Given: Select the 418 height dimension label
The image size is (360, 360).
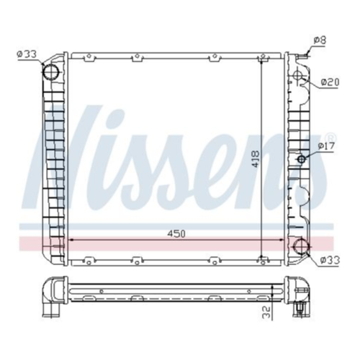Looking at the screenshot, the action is point(256,159).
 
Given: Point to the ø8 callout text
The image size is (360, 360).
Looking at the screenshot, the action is point(320,40).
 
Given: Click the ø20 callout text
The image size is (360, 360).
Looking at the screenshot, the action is point(330,82).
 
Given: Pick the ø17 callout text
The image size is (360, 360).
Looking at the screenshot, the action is point(326,145).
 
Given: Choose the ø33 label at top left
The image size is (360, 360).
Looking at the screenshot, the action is point(27,54).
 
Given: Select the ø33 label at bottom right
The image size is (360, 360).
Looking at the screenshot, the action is point(330,259).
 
